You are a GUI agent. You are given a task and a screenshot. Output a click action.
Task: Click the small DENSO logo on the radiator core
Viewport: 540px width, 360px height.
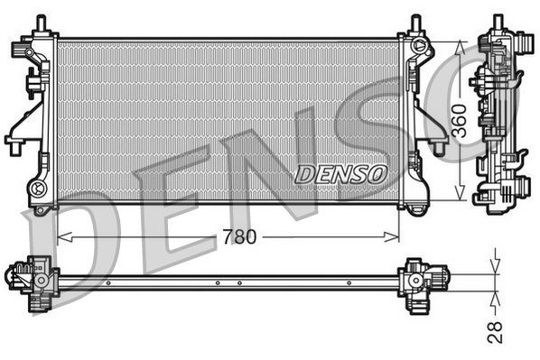click(x=340, y=172)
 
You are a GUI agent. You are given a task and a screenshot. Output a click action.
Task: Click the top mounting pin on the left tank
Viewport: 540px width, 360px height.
click(x=39, y=23)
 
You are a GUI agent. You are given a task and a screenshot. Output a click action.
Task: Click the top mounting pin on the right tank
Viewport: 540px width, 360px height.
click(x=415, y=23)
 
